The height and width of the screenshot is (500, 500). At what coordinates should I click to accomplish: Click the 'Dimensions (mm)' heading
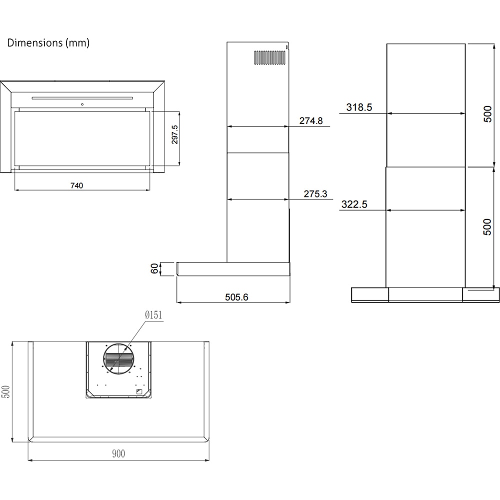point(48,43)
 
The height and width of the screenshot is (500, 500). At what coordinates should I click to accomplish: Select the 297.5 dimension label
point(175,134)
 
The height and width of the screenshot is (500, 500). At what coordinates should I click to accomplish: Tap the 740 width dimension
point(76,185)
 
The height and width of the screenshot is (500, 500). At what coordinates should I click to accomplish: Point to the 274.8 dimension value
point(311,120)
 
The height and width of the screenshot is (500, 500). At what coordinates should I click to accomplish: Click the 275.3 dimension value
point(315,194)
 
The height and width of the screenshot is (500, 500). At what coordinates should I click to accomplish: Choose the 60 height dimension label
point(154,268)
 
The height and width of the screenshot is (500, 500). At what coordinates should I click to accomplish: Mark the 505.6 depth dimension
point(236,297)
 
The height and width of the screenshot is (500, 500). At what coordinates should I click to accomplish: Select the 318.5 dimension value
point(359,107)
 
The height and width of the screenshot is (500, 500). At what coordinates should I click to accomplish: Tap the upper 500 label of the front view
point(488,114)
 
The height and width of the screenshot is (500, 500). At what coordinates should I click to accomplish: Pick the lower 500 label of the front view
point(488,227)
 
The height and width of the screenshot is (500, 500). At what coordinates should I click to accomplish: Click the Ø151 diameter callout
point(153,315)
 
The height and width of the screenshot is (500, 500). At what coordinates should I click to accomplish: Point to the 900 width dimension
point(118,454)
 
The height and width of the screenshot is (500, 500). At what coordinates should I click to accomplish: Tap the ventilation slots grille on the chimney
point(269,57)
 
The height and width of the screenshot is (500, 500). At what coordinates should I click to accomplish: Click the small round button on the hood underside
point(81,104)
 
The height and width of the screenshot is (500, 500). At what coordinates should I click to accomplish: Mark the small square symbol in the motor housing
point(139,391)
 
